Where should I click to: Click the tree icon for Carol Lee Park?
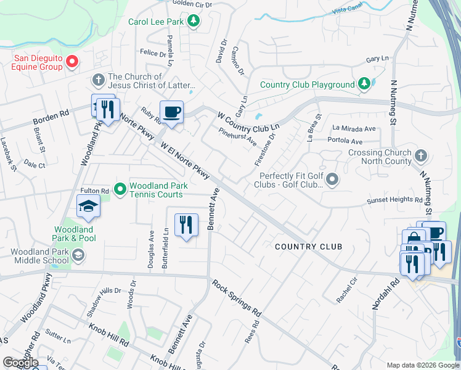[x=194, y=22]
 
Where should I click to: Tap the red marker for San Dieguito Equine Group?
[x=71, y=61]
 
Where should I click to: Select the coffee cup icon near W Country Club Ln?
[x=171, y=112]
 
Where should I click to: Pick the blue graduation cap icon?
[x=88, y=207]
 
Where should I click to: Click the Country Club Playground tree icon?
[x=364, y=84]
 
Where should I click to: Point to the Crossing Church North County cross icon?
[x=421, y=154]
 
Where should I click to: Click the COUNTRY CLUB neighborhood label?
[x=308, y=247]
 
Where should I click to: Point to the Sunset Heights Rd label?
[x=394, y=200]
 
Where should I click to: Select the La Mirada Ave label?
[x=354, y=129]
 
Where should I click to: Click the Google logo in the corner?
[x=20, y=363]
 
